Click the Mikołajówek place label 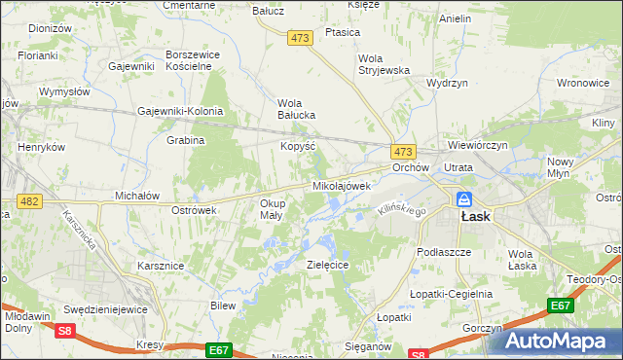(x=342, y=185)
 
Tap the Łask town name (x=474, y=217)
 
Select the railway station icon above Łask (x=465, y=198)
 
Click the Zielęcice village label (x=327, y=265)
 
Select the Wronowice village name (x=584, y=83)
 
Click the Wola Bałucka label (x=297, y=108)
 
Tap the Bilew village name (x=224, y=306)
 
